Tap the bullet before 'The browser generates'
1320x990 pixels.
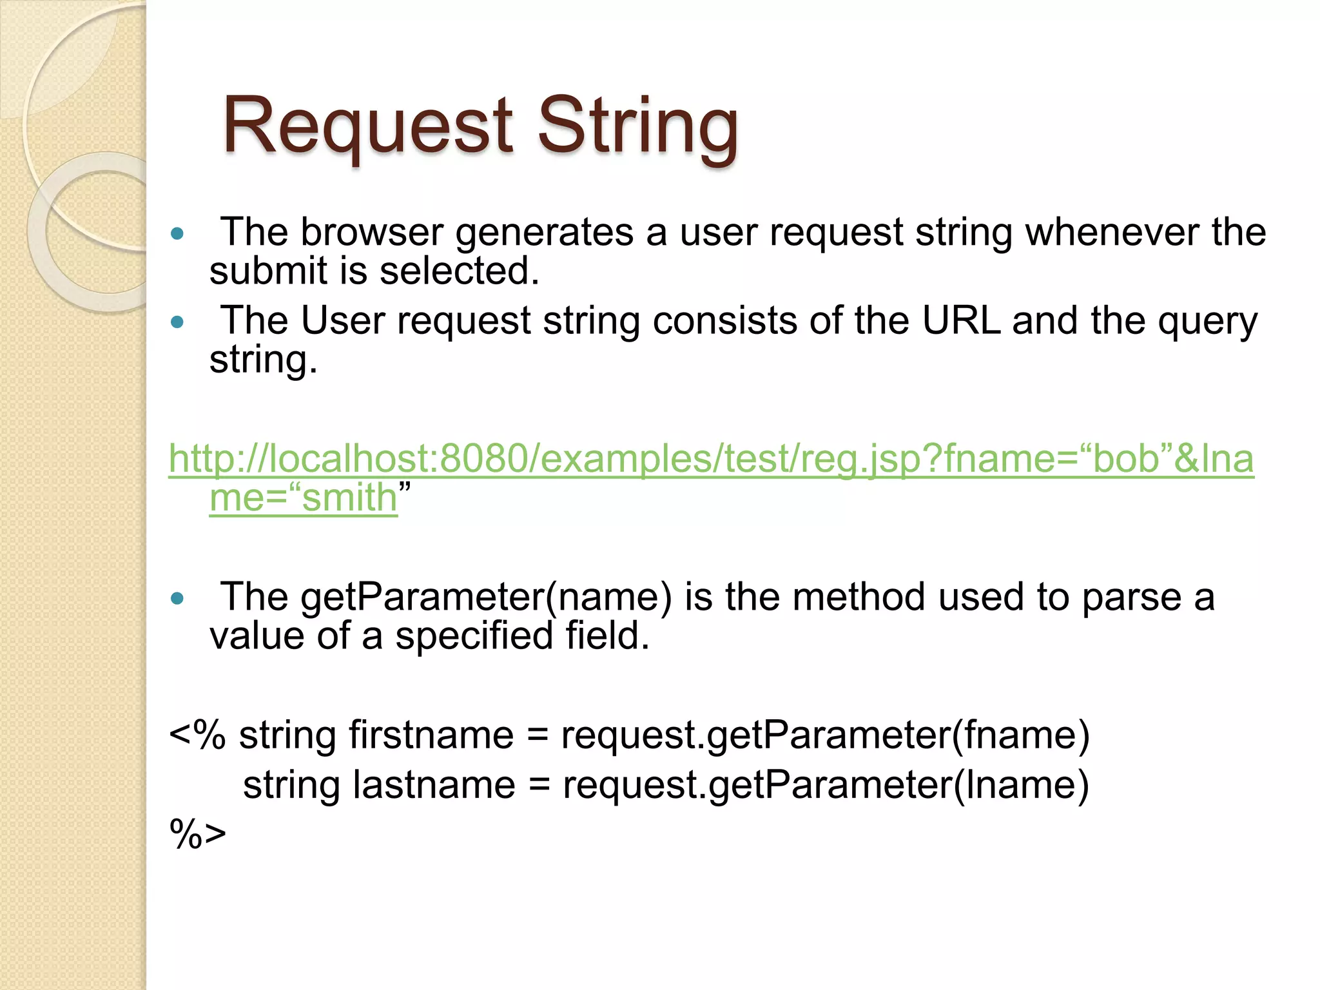click(177, 233)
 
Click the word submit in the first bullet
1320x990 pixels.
click(268, 271)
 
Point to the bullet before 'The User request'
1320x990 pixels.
click(177, 322)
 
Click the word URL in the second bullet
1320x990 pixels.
click(961, 320)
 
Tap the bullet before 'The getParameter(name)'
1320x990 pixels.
click(177, 598)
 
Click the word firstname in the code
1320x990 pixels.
click(431, 735)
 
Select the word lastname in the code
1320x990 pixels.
click(434, 785)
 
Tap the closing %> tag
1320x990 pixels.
click(197, 834)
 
